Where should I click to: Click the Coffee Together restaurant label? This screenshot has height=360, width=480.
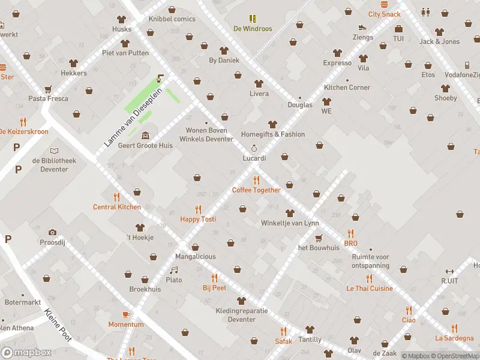(x=256, y=190)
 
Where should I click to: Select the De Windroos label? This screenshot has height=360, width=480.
(x=253, y=29)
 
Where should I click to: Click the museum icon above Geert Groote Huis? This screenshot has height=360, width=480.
(x=146, y=136)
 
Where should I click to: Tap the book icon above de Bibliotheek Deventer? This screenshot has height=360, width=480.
(x=55, y=151)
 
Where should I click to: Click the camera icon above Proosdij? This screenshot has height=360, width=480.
(x=52, y=232)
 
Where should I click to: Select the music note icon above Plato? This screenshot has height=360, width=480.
(x=174, y=271)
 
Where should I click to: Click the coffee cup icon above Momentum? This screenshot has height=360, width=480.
(x=126, y=315)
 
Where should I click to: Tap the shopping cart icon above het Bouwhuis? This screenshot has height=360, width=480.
(x=319, y=238)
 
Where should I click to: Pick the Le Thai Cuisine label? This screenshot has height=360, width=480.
(x=369, y=289)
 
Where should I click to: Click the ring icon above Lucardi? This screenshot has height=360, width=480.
(x=254, y=148)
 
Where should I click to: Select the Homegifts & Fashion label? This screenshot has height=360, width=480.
(x=273, y=134)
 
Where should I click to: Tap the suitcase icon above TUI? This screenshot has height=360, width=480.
(x=398, y=29)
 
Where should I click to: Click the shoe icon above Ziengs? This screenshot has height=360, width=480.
(x=362, y=28)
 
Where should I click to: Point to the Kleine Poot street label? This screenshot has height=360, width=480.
(x=58, y=325)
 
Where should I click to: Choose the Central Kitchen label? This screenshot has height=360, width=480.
(x=116, y=207)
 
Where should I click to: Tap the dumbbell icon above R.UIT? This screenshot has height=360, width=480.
(x=449, y=271)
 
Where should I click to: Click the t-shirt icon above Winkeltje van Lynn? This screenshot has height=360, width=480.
(x=290, y=214)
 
